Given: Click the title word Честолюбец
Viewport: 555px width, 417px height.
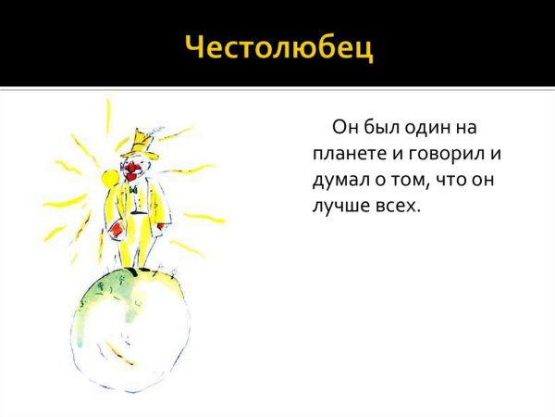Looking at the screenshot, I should click(279, 45).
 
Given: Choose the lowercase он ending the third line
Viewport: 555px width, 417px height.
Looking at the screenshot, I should click(487, 179).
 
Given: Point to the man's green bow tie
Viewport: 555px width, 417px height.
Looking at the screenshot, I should click(134, 190).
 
